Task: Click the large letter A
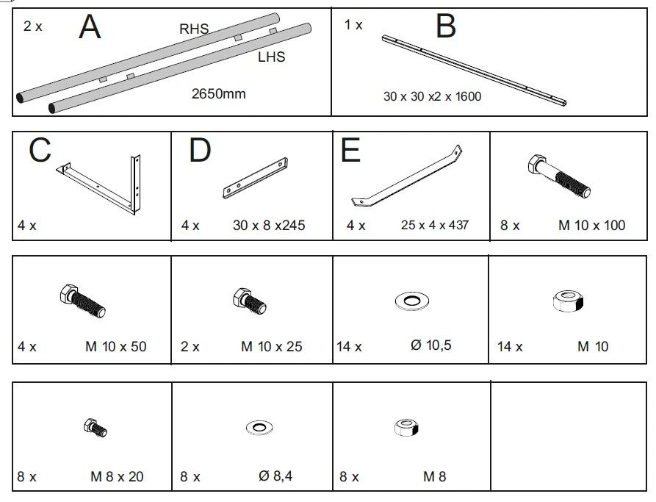pos(90,26)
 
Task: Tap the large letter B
pos(446,26)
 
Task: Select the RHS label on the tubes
pos(194,29)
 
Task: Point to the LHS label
pos(272,57)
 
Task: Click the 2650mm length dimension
pos(218,93)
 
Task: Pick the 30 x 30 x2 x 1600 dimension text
pos(432,96)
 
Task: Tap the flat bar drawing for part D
pos(255,178)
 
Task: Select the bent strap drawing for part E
pos(406,176)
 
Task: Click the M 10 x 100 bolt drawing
pos(559,176)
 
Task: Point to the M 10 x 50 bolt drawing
pos(82,301)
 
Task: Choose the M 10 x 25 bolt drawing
pos(249,301)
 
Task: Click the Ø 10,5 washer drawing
pos(412,301)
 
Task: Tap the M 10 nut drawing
pos(568,301)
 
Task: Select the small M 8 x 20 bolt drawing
pos(95,428)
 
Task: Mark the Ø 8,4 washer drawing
pos(259,427)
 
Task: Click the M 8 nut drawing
pos(406,428)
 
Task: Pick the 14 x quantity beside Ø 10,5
pos(350,347)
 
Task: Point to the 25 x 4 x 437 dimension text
pos(435,225)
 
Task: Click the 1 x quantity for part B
pos(353,25)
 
